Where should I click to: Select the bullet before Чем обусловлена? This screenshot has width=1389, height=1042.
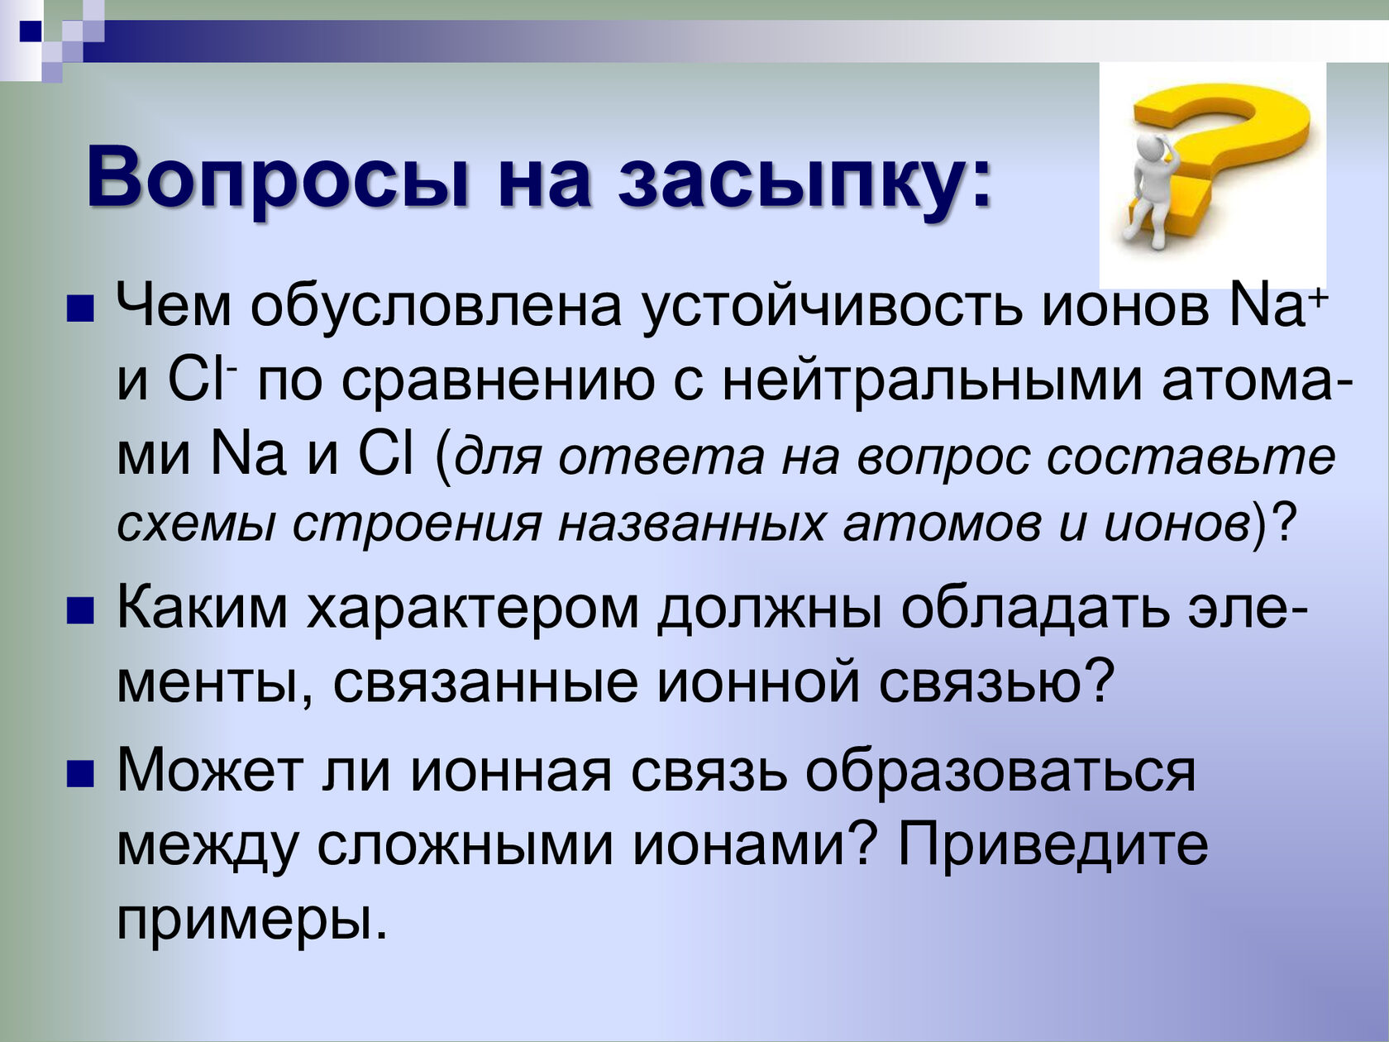coord(80,310)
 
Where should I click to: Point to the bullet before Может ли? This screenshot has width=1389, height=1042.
coord(80,773)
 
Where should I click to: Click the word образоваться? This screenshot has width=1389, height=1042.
coord(1000,772)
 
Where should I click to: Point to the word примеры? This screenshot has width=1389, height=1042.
coord(251,920)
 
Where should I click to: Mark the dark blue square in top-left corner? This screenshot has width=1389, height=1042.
coord(31,31)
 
